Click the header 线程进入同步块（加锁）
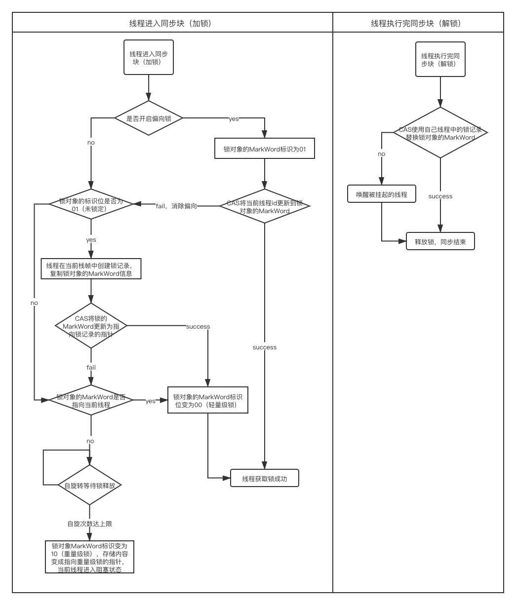[172, 23]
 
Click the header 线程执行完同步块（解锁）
[418, 23]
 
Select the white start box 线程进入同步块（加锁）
[149, 58]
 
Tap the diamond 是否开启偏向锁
[148, 118]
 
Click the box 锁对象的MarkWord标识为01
[265, 148]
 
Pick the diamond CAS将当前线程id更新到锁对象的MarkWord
[265, 206]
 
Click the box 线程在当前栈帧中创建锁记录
[91, 269]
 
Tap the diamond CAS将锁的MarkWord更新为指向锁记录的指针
[91, 326]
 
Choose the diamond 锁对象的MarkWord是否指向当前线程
[91, 400]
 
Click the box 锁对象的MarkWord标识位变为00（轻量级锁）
[207, 400]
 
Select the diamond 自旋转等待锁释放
[90, 485]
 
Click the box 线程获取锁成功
[265, 479]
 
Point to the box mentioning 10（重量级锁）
[89, 557]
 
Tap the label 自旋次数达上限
[90, 523]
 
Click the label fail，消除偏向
[176, 206]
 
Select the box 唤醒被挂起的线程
[382, 194]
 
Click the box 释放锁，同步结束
[440, 242]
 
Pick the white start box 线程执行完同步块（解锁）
[440, 59]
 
